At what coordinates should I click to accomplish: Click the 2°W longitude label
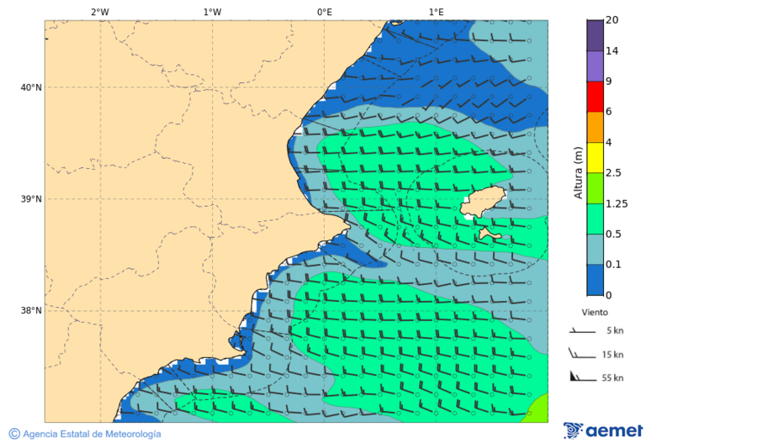pyautogui.click(x=99, y=13)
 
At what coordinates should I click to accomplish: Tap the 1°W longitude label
pyautogui.click(x=212, y=13)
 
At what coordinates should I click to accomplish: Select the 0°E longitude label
pyautogui.click(x=324, y=13)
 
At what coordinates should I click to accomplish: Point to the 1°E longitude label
pyautogui.click(x=437, y=13)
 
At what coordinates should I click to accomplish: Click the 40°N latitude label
pyautogui.click(x=31, y=87)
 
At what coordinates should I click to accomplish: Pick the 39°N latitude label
pyautogui.click(x=31, y=199)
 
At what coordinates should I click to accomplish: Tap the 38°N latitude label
pyautogui.click(x=31, y=311)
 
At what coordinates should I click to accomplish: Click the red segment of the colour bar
pyautogui.click(x=595, y=97)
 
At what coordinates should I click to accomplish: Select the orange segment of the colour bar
pyautogui.click(x=595, y=127)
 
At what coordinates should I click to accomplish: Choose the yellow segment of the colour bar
pyautogui.click(x=595, y=157)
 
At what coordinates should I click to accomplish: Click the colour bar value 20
pyautogui.click(x=611, y=20)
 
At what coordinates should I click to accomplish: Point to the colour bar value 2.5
pyautogui.click(x=613, y=173)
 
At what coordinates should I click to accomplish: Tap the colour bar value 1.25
pyautogui.click(x=617, y=203)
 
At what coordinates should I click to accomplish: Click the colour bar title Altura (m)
pyautogui.click(x=578, y=172)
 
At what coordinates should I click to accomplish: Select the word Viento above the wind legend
pyautogui.click(x=595, y=312)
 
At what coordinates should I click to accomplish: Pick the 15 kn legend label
pyautogui.click(x=613, y=355)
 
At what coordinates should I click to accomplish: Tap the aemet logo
pyautogui.click(x=603, y=431)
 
